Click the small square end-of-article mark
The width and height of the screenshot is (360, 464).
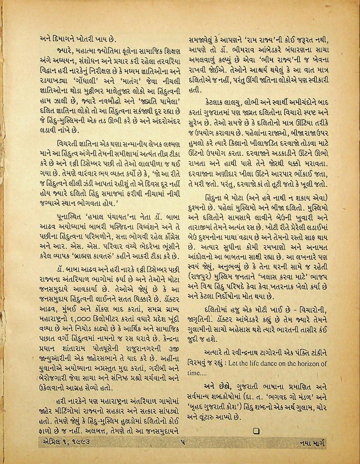coord(256,431)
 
